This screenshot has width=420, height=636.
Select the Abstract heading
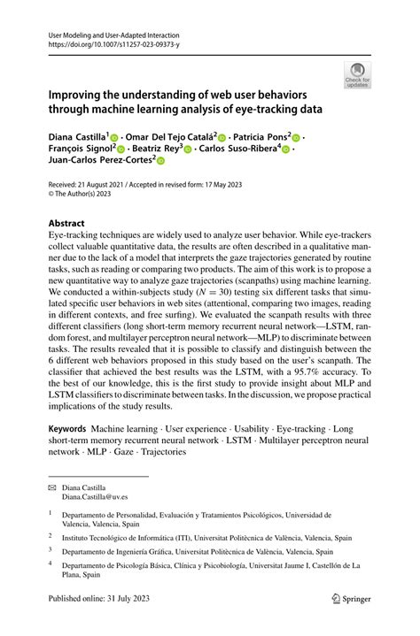(x=66, y=224)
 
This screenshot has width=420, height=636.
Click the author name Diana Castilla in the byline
(x=76, y=138)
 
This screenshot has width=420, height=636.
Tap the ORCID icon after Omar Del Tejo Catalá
(x=222, y=139)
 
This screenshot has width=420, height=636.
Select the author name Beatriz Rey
(x=155, y=149)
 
